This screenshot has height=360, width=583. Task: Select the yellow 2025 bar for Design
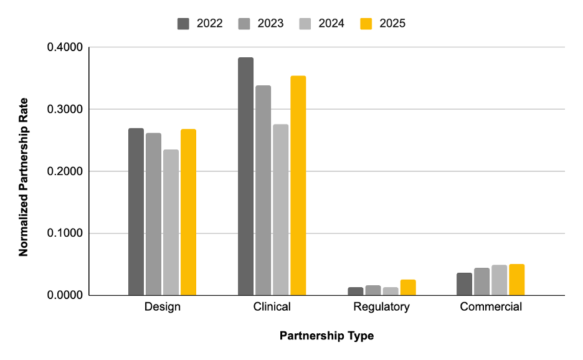click(188, 212)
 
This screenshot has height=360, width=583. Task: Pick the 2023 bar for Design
click(153, 214)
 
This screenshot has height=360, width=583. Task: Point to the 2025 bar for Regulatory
click(408, 287)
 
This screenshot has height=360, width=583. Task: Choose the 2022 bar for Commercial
click(464, 284)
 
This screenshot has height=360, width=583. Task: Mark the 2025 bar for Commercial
click(516, 280)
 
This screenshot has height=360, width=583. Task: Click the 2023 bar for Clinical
click(263, 190)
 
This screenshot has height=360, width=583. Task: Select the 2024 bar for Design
click(171, 222)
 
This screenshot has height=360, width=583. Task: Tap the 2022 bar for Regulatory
click(356, 291)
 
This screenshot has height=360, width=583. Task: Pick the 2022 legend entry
click(199, 24)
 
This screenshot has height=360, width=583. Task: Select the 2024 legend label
click(331, 24)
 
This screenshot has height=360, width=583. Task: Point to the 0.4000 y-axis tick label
click(65, 48)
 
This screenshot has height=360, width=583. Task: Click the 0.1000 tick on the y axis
click(65, 234)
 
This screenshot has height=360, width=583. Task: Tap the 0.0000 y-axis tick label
click(65, 295)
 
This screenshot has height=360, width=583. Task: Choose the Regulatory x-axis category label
click(381, 307)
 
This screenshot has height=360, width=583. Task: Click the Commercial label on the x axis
click(491, 307)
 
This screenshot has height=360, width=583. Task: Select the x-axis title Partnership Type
click(326, 336)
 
